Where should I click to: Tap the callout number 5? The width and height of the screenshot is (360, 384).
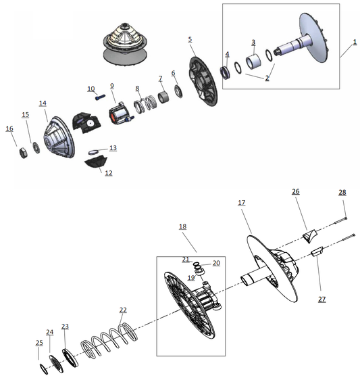[190, 39]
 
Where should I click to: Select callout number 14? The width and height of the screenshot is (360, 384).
[43, 103]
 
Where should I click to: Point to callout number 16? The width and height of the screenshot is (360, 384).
[9, 128]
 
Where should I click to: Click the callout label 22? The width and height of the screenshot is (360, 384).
[122, 310]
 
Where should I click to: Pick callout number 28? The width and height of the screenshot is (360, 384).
[342, 193]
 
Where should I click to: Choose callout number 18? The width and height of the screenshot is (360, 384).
[182, 227]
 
